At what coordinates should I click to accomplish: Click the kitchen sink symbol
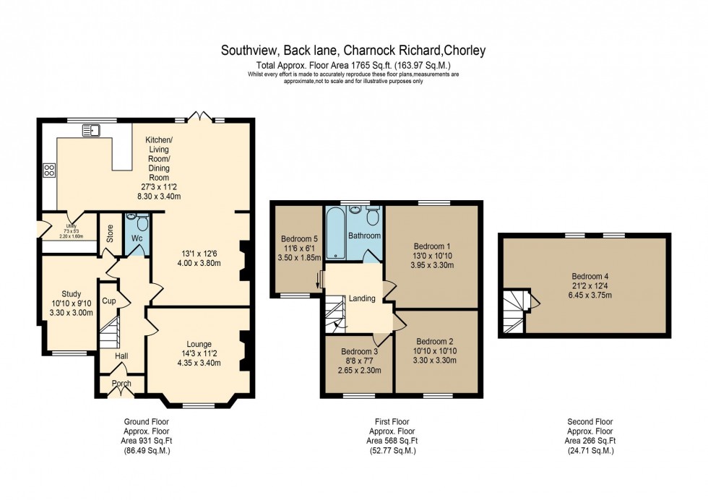(x=90, y=130)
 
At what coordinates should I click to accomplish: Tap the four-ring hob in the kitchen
(x=50, y=171)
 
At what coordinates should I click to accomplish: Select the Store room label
(x=110, y=233)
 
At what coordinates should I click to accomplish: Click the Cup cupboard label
(x=109, y=301)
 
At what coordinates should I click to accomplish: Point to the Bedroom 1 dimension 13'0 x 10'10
(x=433, y=255)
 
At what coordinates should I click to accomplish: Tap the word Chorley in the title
(x=465, y=51)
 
